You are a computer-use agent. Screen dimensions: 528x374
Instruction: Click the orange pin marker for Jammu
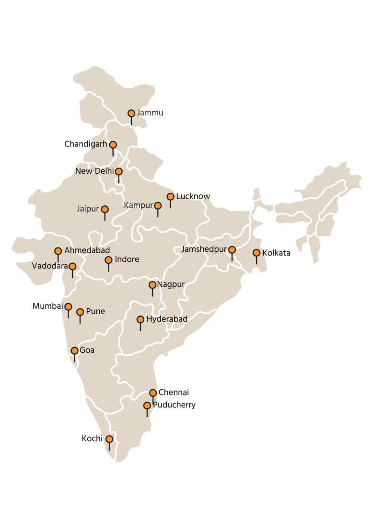[x=131, y=113]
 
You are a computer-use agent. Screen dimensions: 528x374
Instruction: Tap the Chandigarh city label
[x=86, y=144]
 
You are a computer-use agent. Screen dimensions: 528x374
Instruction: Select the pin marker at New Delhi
[x=118, y=171]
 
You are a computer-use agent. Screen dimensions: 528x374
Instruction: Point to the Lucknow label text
[x=193, y=196]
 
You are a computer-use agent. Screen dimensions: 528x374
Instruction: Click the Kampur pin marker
[x=158, y=206]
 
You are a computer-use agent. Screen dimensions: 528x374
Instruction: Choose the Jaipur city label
[x=87, y=209]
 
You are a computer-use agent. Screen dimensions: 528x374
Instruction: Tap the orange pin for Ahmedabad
[x=58, y=251]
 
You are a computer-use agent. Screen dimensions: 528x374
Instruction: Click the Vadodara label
[x=50, y=266]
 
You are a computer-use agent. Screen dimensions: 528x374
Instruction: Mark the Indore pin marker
[x=108, y=260]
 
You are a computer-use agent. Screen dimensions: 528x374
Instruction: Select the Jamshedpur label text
[x=204, y=249]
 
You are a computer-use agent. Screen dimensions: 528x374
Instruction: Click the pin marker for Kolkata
[x=256, y=253]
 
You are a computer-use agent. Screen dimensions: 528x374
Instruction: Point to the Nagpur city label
[x=171, y=285]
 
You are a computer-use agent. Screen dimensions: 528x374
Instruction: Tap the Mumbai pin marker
[x=68, y=307]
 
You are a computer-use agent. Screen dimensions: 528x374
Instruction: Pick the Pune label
[x=95, y=312]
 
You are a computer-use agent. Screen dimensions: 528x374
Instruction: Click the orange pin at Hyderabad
[x=140, y=319]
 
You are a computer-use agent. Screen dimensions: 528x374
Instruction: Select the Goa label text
[x=87, y=350]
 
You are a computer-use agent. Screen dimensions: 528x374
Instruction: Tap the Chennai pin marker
[x=153, y=393]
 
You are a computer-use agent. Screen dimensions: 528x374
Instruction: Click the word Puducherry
[x=174, y=405]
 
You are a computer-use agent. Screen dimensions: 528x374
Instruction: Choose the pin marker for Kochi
[x=109, y=439]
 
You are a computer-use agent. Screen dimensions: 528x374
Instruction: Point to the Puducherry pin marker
[x=147, y=406]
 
